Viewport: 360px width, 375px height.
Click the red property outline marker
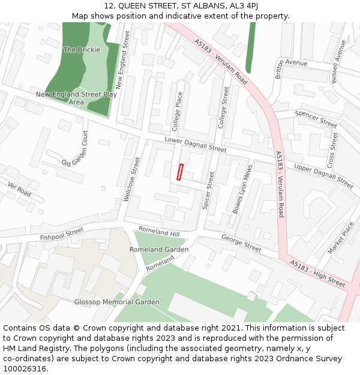(179, 172)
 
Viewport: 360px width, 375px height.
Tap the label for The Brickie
(82, 50)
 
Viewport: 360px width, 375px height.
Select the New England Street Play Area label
(76, 98)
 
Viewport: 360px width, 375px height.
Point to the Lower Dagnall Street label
(196, 145)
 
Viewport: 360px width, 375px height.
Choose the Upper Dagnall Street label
(323, 175)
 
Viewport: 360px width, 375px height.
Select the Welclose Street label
(131, 180)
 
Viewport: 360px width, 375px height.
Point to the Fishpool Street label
(62, 235)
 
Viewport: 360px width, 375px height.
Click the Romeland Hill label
(159, 232)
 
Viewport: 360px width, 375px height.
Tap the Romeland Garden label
(159, 250)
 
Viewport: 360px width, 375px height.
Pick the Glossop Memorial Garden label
(117, 302)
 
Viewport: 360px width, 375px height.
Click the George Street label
(241, 244)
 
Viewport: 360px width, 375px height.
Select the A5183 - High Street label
(317, 273)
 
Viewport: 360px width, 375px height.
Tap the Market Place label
(341, 238)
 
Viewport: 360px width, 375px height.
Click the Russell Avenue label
(338, 61)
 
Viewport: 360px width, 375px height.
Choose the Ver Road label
(19, 190)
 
